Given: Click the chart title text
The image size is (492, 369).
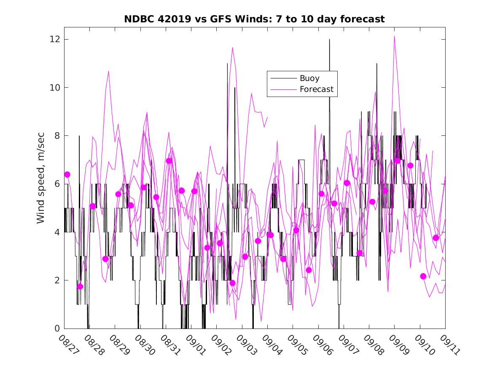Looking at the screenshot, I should (254, 19).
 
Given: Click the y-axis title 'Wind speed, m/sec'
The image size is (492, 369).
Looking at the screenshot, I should (40, 183).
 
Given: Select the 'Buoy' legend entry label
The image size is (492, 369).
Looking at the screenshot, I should (309, 78).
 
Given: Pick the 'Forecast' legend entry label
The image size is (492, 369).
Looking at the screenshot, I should (316, 89).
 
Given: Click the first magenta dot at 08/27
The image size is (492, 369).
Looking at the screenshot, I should (67, 175).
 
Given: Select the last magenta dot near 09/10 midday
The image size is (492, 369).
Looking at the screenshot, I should (436, 238).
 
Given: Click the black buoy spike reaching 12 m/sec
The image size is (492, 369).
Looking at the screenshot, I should (329, 40).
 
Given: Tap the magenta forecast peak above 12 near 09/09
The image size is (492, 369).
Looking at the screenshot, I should (395, 37).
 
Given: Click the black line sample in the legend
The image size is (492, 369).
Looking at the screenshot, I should (283, 78).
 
